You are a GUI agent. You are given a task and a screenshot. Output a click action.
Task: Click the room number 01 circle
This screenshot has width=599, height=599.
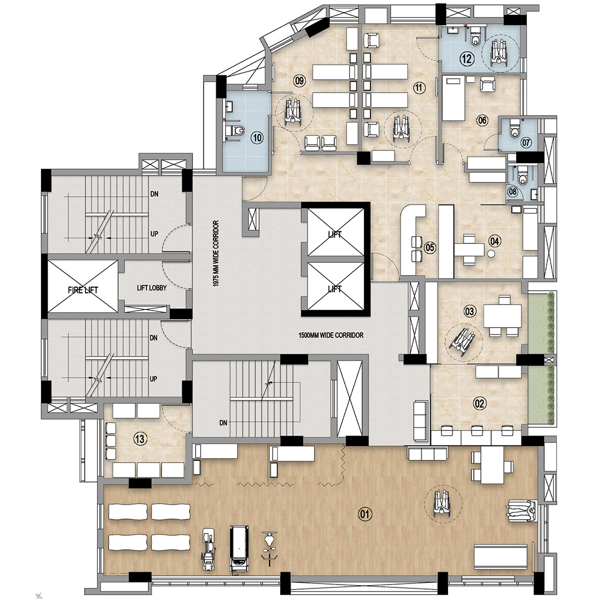[365, 514]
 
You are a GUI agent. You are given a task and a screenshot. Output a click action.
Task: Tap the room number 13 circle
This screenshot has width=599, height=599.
[140, 439]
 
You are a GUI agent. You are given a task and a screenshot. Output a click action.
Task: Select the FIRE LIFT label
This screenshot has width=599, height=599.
[83, 289]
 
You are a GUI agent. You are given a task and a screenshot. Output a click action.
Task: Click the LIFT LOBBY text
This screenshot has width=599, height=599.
[152, 288]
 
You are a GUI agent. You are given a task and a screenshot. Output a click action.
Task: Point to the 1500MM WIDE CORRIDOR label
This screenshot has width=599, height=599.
[331, 335]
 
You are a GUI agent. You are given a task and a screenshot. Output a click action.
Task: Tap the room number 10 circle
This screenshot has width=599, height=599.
[256, 138]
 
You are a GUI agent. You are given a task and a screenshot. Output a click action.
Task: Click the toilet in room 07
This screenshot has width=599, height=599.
[513, 131]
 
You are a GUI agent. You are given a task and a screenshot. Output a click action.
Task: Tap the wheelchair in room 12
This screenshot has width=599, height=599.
[499, 54]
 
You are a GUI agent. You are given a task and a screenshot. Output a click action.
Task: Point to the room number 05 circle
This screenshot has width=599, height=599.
[429, 247]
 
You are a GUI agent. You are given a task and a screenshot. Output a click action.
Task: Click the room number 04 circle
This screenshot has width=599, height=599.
[495, 241]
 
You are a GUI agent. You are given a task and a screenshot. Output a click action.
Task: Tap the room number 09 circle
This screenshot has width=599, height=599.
[299, 82]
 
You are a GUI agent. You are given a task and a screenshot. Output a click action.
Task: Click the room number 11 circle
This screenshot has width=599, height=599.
[419, 87]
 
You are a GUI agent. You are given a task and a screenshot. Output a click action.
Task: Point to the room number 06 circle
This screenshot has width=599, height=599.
[482, 120]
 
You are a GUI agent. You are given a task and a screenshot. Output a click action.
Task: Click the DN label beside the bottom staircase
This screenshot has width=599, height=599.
[223, 423]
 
